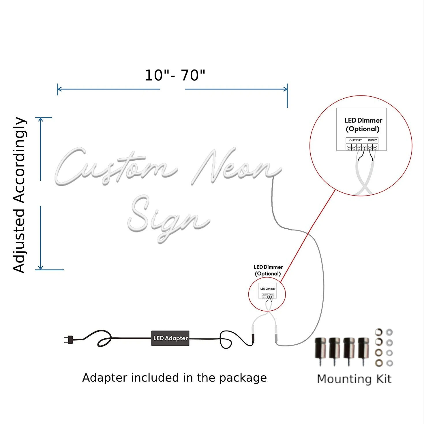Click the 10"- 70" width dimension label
click(x=175, y=76)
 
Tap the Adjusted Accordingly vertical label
click(x=20, y=195)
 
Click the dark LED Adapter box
click(x=170, y=338)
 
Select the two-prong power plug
click(x=69, y=339)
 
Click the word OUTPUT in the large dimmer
click(x=355, y=140)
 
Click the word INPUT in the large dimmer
click(x=372, y=140)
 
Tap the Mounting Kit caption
click(x=354, y=379)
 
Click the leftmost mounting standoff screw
click(x=320, y=350)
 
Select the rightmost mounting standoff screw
click(x=363, y=350)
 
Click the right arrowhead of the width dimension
click(x=285, y=89)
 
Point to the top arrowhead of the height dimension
click(x=41, y=120)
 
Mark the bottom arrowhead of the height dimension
click(x=41, y=267)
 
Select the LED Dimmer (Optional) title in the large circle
click(x=363, y=125)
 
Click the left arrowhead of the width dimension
click(x=60, y=89)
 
